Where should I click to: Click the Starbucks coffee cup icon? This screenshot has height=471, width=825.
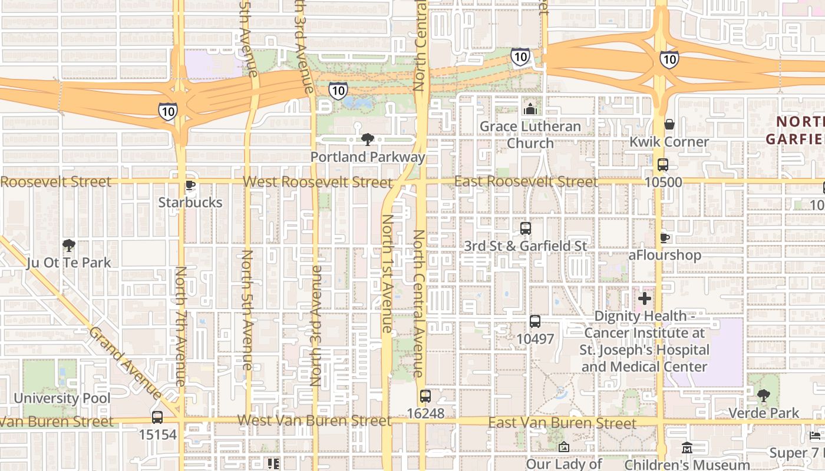(190, 185)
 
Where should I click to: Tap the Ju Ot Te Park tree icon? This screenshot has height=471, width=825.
(69, 245)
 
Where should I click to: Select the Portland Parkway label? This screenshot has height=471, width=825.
(368, 157)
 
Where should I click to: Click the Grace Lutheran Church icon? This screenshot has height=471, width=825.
(530, 109)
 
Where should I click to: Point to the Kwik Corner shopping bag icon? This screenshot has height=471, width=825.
(669, 125)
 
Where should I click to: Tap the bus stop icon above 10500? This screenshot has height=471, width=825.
(663, 165)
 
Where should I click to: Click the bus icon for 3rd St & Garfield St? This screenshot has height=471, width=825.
(525, 228)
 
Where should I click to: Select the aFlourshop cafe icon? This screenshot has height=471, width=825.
(665, 238)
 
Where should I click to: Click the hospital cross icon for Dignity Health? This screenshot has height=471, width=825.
(645, 298)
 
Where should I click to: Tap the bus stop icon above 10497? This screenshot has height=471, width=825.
(534, 321)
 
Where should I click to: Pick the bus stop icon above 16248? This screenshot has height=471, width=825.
(425, 396)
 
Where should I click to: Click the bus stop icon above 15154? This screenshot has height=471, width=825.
(157, 417)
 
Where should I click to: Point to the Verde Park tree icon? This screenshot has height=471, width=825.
(764, 396)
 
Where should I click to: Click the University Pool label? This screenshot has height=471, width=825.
(62, 398)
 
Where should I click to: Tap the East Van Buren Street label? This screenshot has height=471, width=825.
(562, 423)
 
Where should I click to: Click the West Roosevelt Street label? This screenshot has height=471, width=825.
(318, 181)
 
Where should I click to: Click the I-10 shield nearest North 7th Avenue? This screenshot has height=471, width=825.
(167, 111)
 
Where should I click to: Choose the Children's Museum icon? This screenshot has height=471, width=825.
(687, 449)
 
